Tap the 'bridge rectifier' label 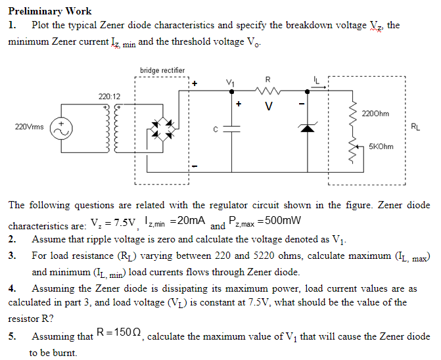162,70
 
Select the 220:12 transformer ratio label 110,97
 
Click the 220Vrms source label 28,126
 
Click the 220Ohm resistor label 375,114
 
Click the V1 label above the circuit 231,81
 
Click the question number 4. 12,288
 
